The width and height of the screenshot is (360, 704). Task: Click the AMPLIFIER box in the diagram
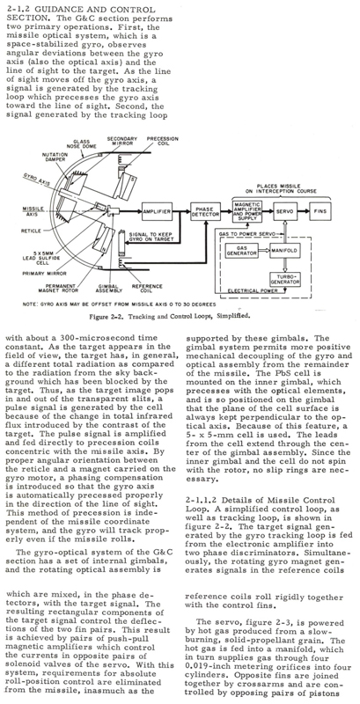pos(157,211)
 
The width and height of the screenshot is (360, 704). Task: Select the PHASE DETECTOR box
pos(205,211)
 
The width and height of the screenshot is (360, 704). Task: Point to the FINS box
pos(321,211)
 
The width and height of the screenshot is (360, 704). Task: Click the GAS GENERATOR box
pos(241,250)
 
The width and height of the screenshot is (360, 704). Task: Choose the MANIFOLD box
pos(285,250)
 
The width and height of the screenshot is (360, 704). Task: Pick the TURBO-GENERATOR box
pos(285,278)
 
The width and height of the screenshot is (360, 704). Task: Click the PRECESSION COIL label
pos(163,142)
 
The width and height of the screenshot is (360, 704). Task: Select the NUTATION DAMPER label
pos(55,158)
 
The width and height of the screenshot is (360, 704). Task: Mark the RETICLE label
pos(31,231)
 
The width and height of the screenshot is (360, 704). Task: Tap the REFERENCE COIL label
pos(141,288)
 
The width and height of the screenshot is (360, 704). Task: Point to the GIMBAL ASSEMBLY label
pos(107,288)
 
